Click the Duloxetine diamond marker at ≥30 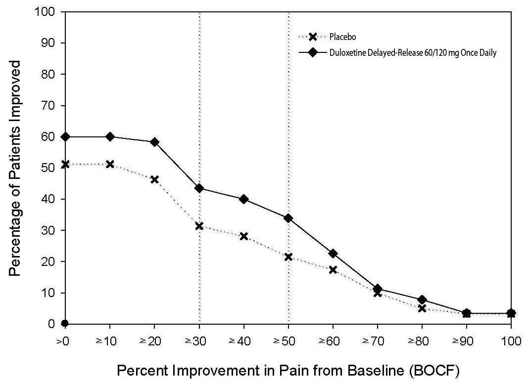199,188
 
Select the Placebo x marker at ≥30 199,226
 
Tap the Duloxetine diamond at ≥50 288,218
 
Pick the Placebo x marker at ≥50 288,257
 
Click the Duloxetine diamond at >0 65,136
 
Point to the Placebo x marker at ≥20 154,179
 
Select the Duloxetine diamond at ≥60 333,254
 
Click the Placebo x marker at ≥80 422,308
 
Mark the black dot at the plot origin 65,324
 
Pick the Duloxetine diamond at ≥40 243,199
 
